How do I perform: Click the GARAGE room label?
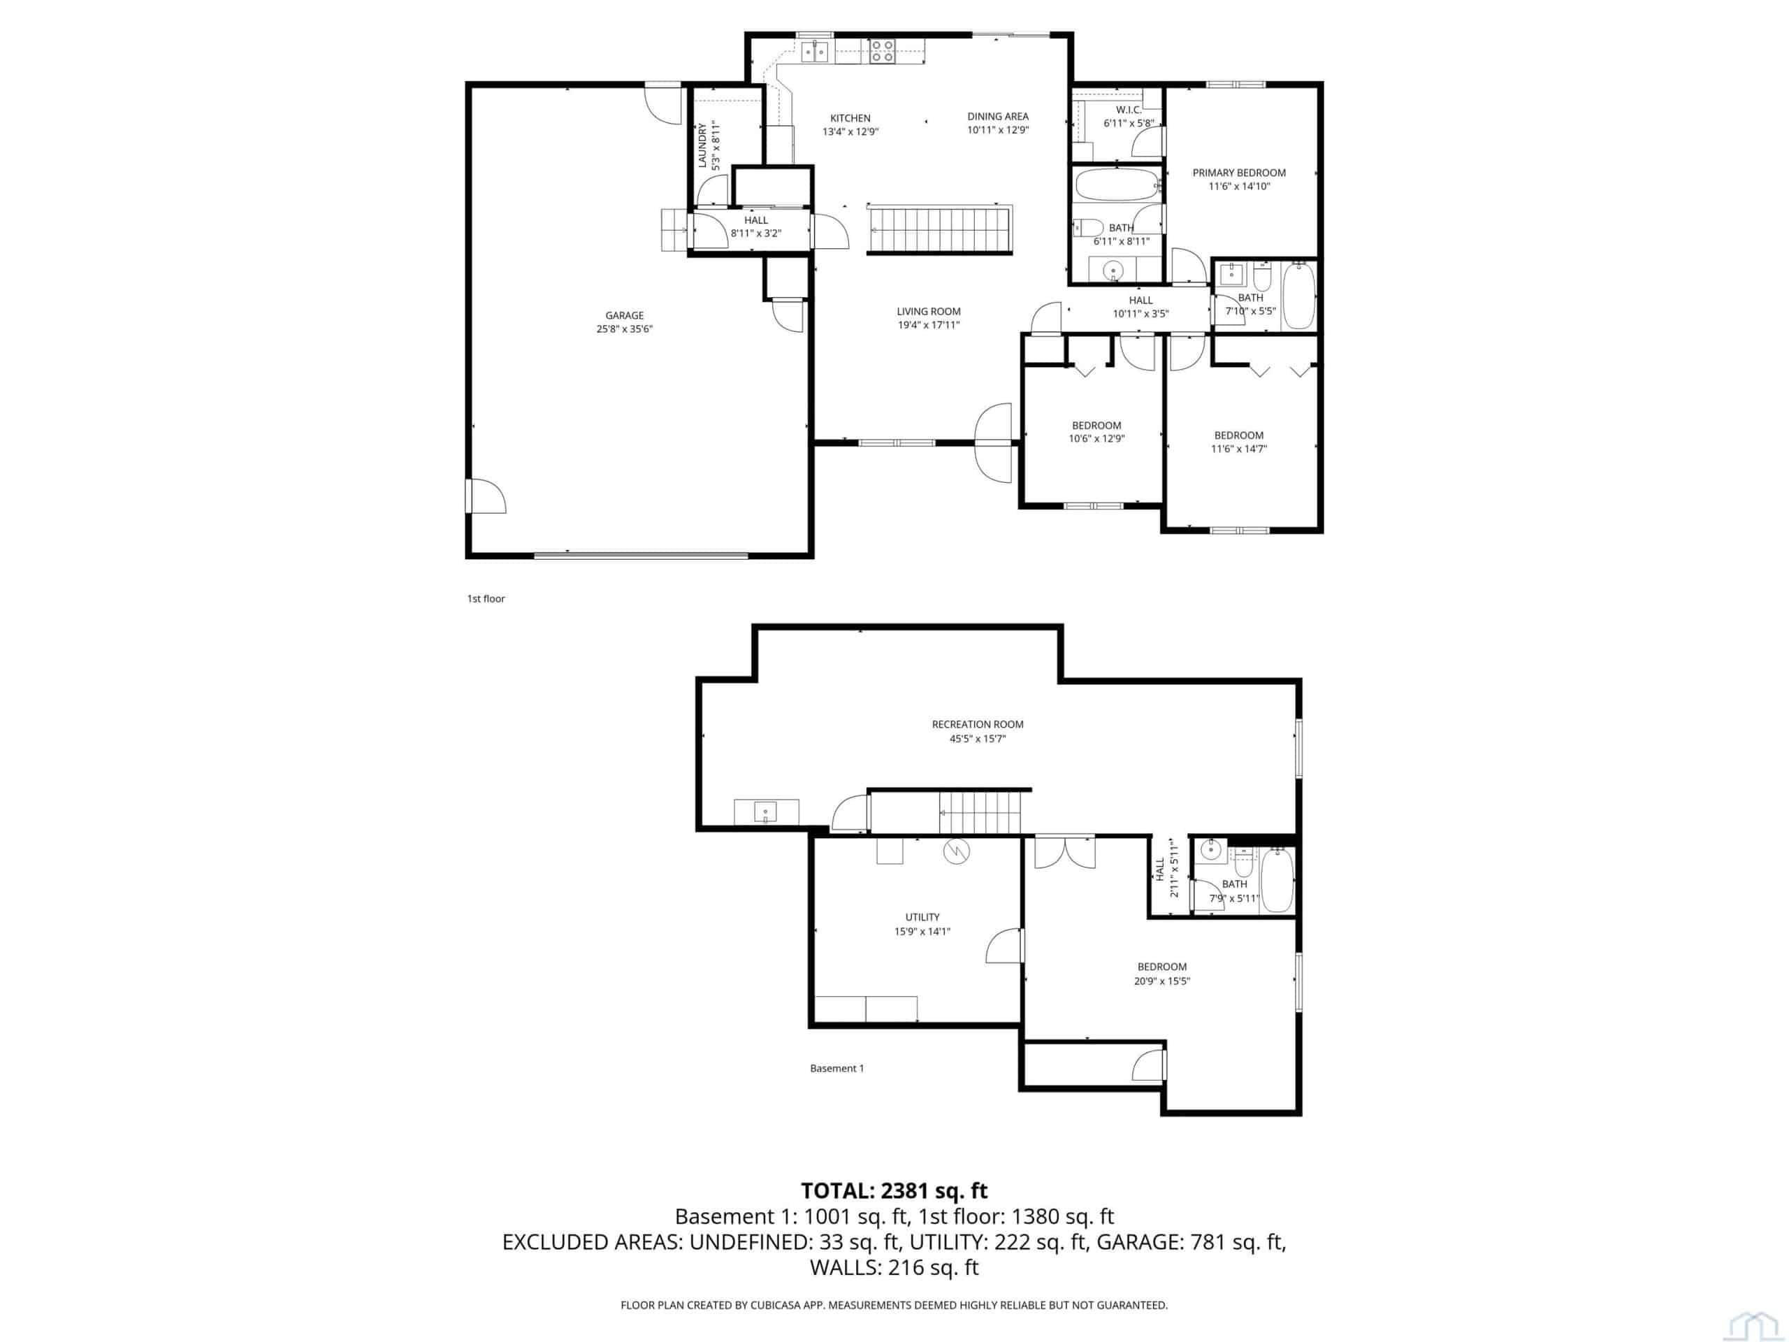pos(624,315)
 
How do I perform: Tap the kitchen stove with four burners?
pos(881,51)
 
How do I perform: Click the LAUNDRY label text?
pos(702,145)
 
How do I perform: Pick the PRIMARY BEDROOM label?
pos(1239,173)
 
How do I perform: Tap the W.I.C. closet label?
pos(1128,110)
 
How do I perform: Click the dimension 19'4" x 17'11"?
pos(929,325)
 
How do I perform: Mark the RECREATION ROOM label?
pos(978,725)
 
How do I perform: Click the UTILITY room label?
pos(922,917)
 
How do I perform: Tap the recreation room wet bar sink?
pos(765,811)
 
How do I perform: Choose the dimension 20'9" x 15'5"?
pos(1162,981)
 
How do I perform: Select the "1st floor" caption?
pos(486,598)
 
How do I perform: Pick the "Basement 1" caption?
pos(837,1069)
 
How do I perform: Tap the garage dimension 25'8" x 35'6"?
pos(624,329)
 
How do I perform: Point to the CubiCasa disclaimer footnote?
pos(894,1305)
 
